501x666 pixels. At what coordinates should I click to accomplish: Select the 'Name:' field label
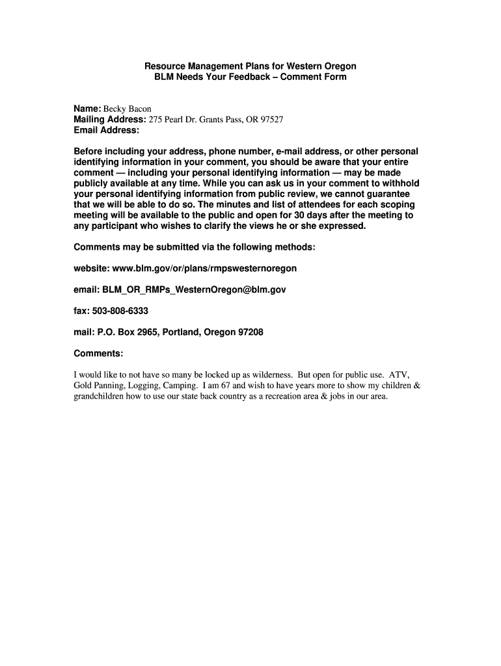[87, 109]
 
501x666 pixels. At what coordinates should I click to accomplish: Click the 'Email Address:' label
[106, 130]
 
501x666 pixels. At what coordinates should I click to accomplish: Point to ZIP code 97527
[272, 120]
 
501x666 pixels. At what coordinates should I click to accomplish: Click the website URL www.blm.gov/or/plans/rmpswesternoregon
[204, 268]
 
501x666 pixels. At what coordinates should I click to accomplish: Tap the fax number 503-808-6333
[120, 311]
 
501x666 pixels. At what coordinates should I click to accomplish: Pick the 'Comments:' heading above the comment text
[98, 353]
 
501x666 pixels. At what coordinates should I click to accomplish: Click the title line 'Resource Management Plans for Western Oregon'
[250, 66]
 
